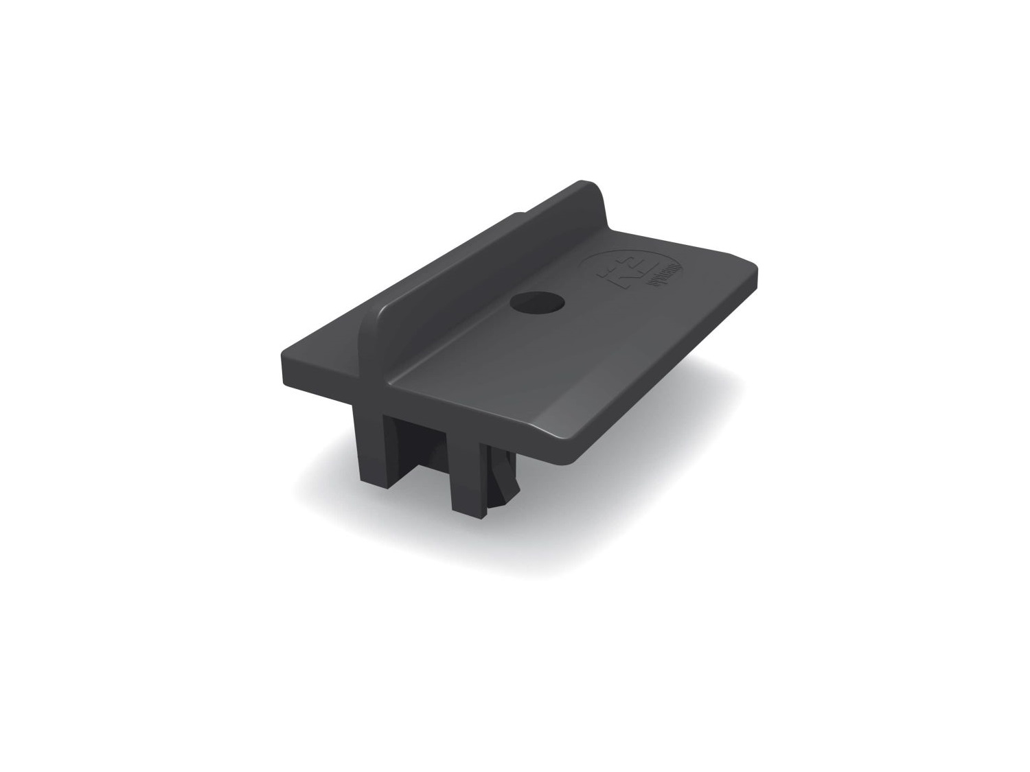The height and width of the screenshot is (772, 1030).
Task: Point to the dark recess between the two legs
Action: [x=419, y=446]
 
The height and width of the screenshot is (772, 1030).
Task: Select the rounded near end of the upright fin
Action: [x=371, y=323]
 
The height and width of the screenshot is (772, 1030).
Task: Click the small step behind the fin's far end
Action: [x=522, y=216]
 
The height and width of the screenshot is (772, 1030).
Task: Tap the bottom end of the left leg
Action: [x=371, y=480]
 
